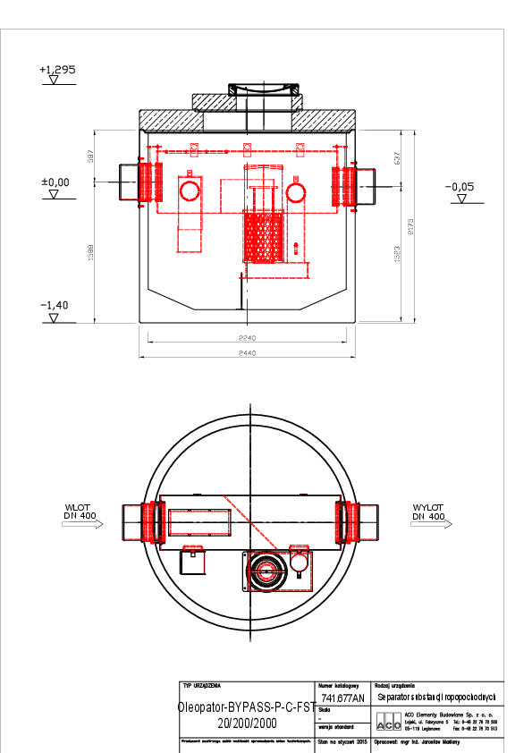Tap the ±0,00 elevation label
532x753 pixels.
(x=55, y=182)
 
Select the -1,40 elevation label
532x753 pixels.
(x=54, y=305)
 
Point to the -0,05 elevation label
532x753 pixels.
(x=460, y=187)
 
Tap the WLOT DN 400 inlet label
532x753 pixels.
(x=80, y=512)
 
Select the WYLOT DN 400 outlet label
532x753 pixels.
(x=428, y=512)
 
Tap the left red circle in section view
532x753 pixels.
(x=190, y=190)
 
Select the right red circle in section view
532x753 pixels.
(x=296, y=191)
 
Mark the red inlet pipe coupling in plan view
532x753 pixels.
(x=148, y=522)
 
